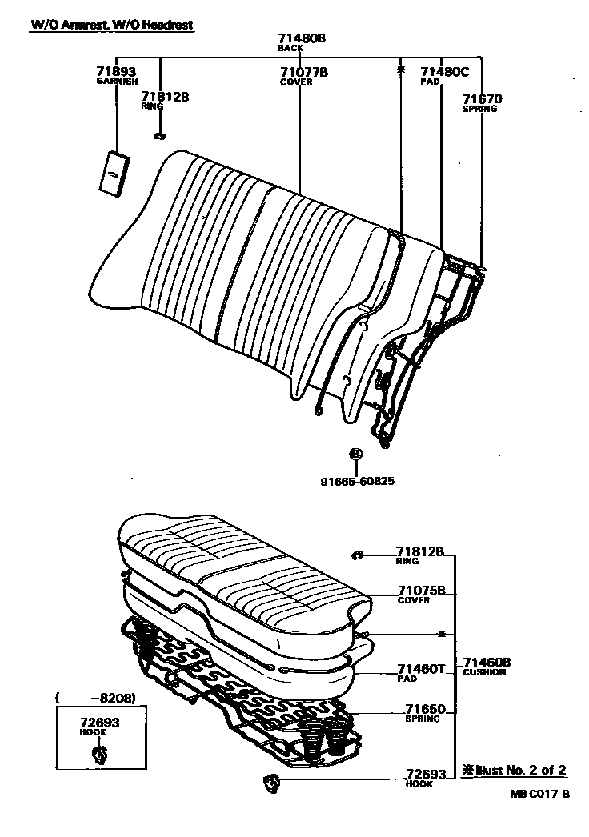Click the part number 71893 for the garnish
117,72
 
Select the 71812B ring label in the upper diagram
165,97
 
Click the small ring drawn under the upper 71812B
160,136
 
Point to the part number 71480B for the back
302,38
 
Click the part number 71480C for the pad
444,72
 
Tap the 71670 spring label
482,99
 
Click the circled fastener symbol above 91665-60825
355,454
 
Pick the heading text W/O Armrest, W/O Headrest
112,25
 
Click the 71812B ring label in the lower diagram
420,552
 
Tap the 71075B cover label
420,591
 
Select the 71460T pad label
420,668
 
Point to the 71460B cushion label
487,663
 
